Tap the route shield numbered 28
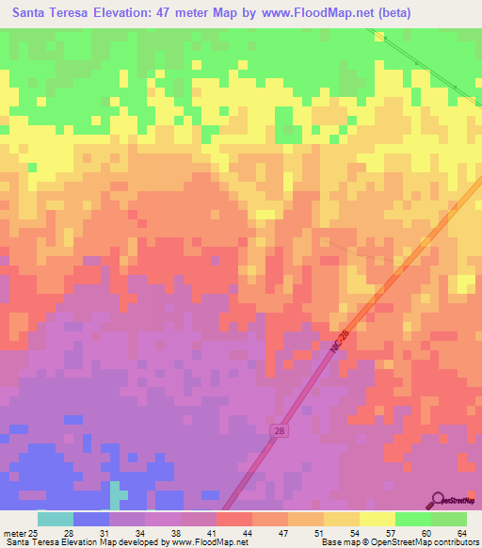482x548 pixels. [x=280, y=430]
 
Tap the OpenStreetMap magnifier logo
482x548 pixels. [x=438, y=501]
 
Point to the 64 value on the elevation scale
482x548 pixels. [x=461, y=532]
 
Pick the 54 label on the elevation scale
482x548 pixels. [x=353, y=532]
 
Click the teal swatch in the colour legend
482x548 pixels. [x=56, y=519]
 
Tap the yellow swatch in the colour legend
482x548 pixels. [x=377, y=519]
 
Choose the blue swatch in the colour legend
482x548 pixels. [x=91, y=519]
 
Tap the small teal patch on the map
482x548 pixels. [x=117, y=492]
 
